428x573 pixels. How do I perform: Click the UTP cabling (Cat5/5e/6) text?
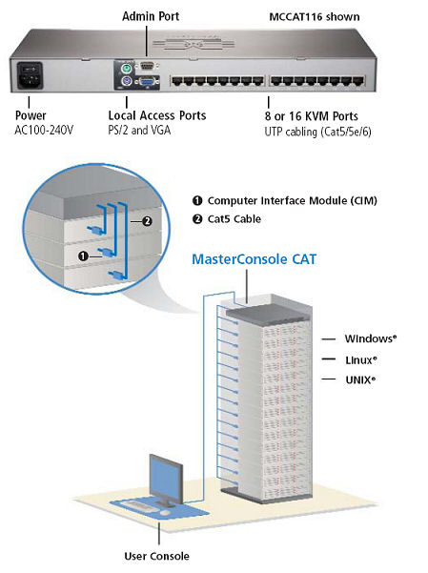coord(317,131)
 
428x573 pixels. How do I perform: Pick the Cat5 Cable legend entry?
coord(235,219)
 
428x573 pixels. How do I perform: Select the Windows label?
coord(370,338)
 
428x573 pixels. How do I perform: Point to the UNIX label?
coord(360,379)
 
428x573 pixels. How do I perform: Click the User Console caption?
coord(157,556)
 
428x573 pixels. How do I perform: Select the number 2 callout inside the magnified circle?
coord(146,220)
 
